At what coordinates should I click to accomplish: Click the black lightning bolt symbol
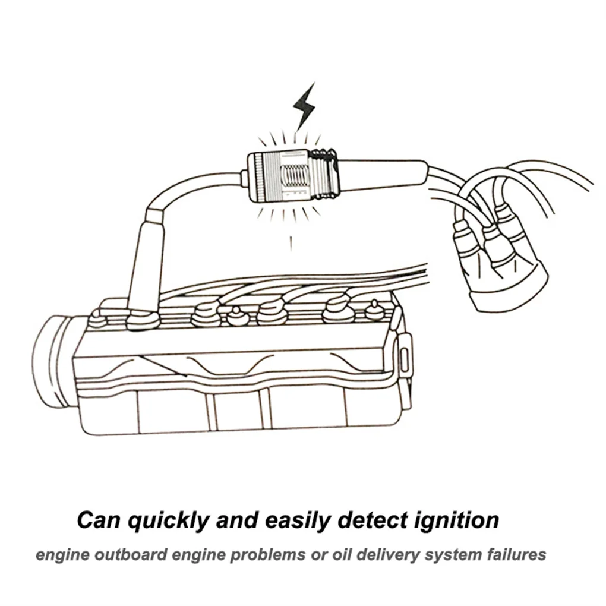point(304,106)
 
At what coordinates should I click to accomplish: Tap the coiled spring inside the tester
point(293,176)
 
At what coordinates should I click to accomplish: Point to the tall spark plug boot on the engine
point(144,261)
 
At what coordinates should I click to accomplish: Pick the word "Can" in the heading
point(99,520)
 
